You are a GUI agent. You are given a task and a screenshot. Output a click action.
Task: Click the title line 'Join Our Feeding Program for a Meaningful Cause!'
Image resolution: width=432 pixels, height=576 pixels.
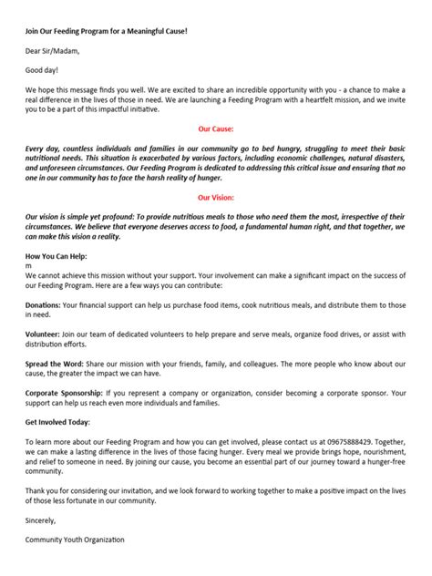[x=105, y=32]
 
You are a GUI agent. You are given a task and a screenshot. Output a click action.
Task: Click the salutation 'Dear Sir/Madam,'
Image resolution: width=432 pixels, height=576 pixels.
[x=52, y=52]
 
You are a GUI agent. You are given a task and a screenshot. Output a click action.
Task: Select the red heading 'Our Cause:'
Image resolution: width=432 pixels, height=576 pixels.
[x=216, y=129]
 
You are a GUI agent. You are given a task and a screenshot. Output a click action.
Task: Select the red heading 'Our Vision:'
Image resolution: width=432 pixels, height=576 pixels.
[x=216, y=197]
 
